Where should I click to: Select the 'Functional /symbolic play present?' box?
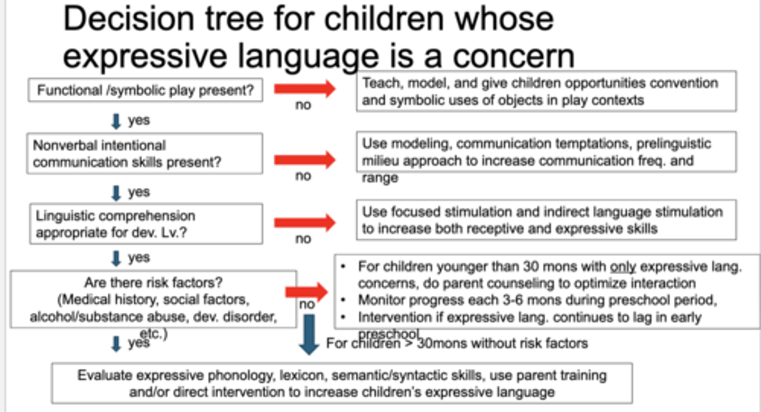coord(145,90)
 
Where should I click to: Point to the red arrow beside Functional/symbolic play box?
coord(304,89)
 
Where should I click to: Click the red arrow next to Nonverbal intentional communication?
coord(304,159)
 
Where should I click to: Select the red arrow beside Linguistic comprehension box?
coord(304,222)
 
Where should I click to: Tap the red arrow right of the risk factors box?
coord(307,292)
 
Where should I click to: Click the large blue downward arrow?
coord(309,334)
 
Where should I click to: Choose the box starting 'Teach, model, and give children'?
coord(545,91)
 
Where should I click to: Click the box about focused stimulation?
coord(545,220)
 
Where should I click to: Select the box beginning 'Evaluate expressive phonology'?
coord(341,383)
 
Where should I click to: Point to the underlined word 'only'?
coord(622,267)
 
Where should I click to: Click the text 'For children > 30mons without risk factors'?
coord(457,343)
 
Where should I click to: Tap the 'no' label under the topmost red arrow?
coord(303,105)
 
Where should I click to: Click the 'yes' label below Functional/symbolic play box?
coord(139,120)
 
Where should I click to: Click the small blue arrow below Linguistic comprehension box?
coord(116,258)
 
